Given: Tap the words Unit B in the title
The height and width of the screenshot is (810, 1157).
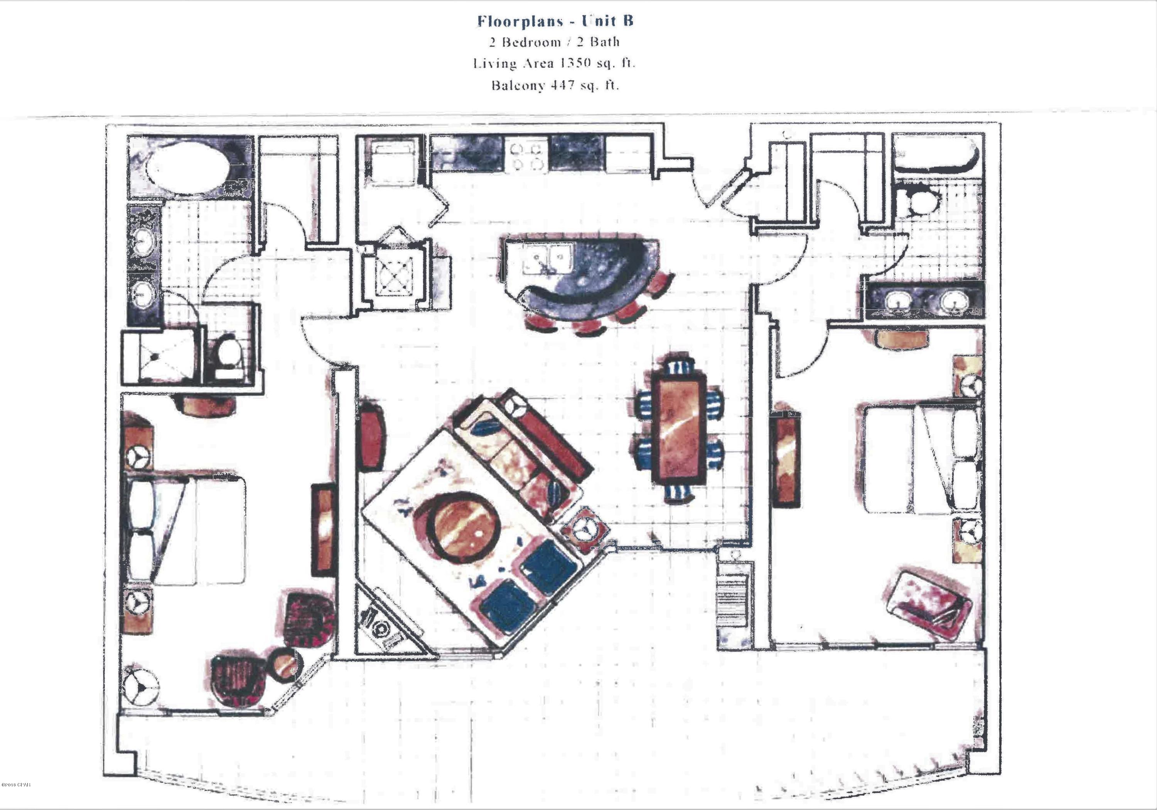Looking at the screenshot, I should [x=608, y=21].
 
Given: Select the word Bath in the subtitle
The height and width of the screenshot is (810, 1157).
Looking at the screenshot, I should [x=604, y=42].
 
